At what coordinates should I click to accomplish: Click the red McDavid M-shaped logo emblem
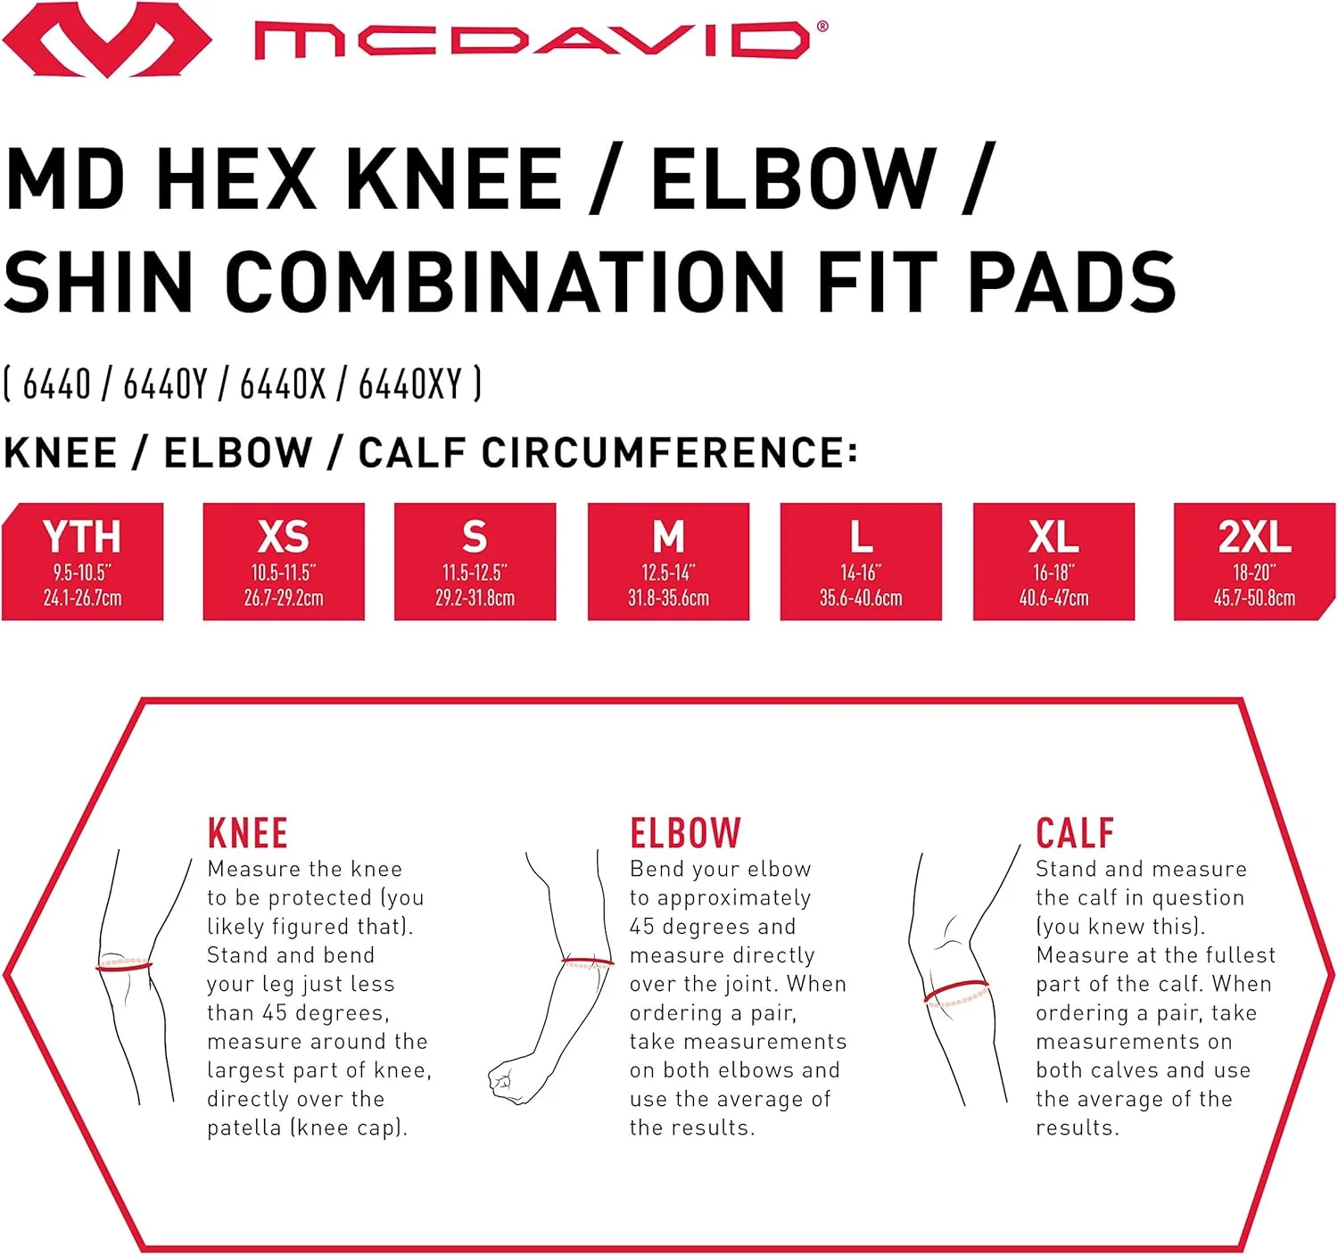[x=106, y=40]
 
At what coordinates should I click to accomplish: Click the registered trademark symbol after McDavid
[x=822, y=27]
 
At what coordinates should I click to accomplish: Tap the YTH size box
[x=82, y=561]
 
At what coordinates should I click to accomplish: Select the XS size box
[x=284, y=561]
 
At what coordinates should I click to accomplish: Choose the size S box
[x=475, y=561]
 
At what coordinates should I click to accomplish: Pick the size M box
[x=668, y=561]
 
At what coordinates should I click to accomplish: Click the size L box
[x=861, y=561]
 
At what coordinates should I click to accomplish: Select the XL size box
[x=1053, y=561]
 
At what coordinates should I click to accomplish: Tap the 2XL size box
[x=1254, y=561]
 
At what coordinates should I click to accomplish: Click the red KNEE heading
[x=247, y=833]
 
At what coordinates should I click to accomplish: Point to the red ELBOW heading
[x=685, y=833]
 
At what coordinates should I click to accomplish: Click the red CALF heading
[x=1075, y=833]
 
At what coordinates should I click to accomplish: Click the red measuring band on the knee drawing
[x=124, y=967]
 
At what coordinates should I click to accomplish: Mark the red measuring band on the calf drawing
[x=955, y=989]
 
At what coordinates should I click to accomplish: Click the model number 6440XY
[x=410, y=384]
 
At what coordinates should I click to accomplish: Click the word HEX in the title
[x=239, y=179]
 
